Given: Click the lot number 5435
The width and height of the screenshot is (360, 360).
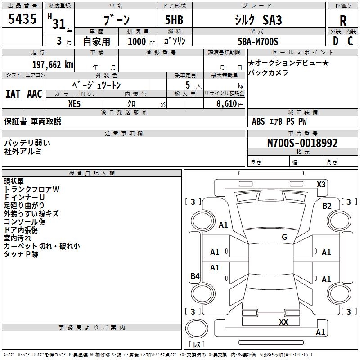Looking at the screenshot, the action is tap(22, 18).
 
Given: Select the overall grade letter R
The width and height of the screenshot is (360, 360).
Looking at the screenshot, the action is tap(343, 21).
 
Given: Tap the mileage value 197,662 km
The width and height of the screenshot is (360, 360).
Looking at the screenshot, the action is tap(53, 65).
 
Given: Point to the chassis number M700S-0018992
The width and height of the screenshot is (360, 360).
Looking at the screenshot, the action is tap(302, 143).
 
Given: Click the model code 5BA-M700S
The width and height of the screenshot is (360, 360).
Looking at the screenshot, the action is tap(258, 41).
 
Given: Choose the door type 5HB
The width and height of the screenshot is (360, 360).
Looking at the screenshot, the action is tap(174, 20).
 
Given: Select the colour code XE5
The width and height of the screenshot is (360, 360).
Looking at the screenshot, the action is tap(74, 104).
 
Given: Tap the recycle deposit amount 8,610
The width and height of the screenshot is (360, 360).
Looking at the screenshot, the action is tap(226, 104).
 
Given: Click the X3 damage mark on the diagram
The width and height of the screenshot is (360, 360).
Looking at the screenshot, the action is tap(321, 184).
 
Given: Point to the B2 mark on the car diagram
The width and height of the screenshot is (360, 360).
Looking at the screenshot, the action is tap(327, 206).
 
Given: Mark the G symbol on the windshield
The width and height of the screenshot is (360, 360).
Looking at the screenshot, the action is tap(284, 237).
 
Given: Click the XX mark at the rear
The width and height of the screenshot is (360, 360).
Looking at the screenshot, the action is tap(283, 322).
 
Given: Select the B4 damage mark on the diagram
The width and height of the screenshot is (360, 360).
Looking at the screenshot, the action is tap(195, 276).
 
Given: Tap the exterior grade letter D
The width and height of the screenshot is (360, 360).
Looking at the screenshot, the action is tap(336, 41).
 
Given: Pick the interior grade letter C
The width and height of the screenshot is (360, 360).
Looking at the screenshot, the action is tap(350, 41).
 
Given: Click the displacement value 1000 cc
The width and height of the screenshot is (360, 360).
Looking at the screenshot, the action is tap(141, 41).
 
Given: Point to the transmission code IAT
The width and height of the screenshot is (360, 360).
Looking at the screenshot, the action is tap(13, 94).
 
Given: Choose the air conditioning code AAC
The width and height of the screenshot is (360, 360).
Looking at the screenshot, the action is tap(35, 94).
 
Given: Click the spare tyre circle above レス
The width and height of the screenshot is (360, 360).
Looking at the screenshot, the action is tap(197, 328).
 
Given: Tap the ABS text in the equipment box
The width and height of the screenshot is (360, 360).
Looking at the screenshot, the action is tap(258, 121).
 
